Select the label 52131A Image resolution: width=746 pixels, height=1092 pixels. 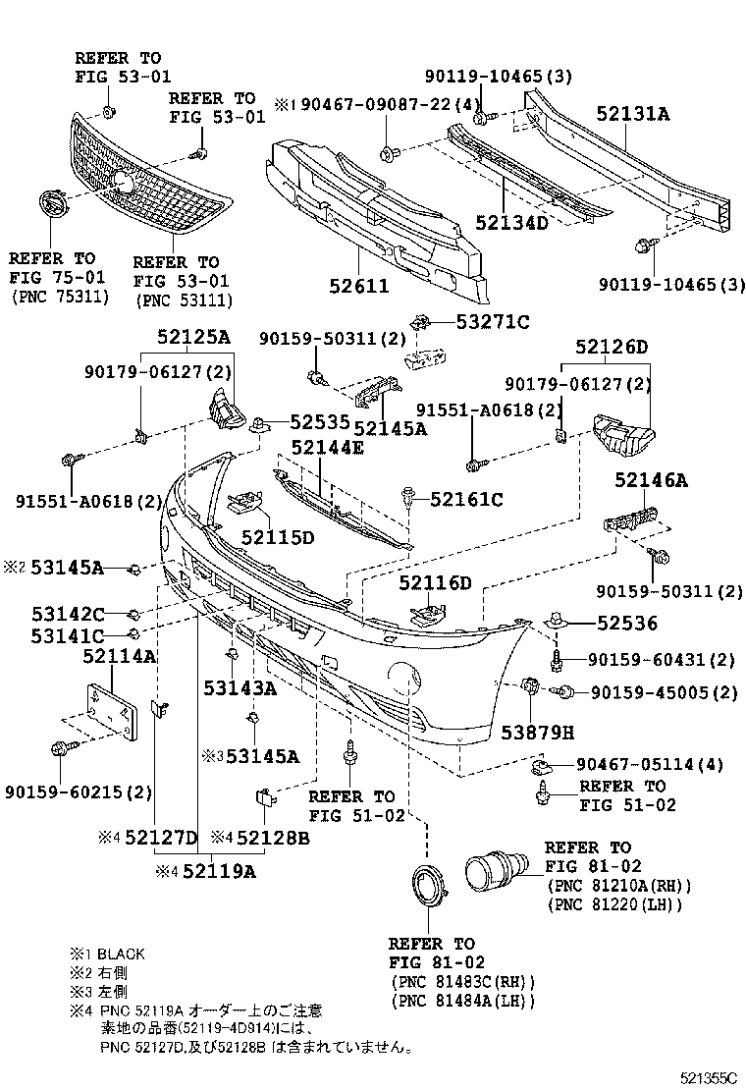coord(632,115)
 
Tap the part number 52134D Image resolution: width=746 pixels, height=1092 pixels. coord(511,222)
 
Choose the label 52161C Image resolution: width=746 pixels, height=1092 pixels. coord(466,500)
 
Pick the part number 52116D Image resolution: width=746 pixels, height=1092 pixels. coord(435,583)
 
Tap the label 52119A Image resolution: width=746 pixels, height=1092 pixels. coord(218,869)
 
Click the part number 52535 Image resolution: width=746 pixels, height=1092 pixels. coord(318,422)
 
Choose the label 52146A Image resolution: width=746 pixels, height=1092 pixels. coord(652,480)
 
